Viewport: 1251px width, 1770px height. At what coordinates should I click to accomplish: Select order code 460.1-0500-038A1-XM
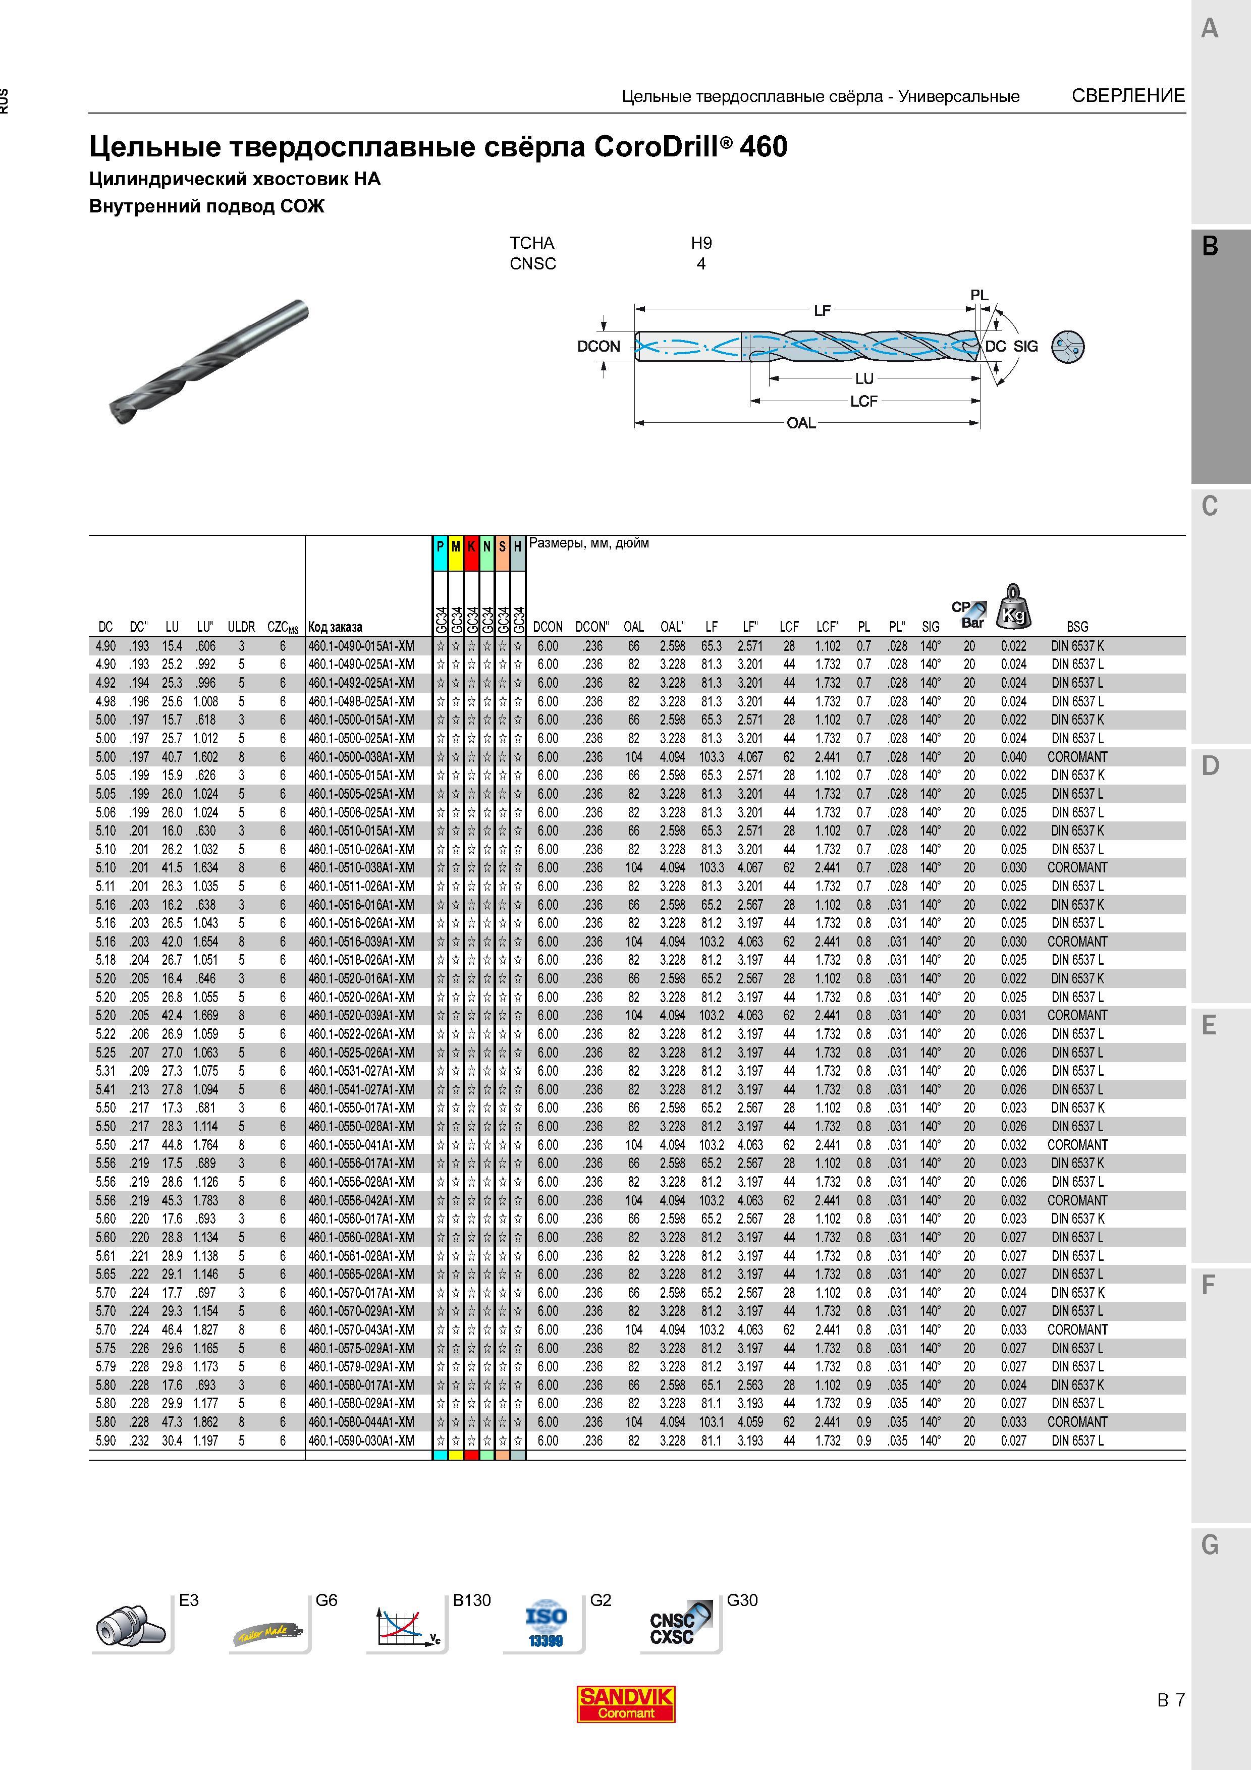pyautogui.click(x=361, y=757)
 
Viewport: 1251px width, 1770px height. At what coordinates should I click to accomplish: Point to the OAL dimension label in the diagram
pyautogui.click(x=801, y=423)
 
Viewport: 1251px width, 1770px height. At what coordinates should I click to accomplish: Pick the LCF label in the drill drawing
pyautogui.click(x=863, y=402)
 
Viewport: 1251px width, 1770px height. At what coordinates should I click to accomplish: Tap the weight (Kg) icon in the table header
pyautogui.click(x=1014, y=606)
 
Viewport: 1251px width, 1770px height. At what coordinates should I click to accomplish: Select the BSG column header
pyautogui.click(x=1077, y=627)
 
